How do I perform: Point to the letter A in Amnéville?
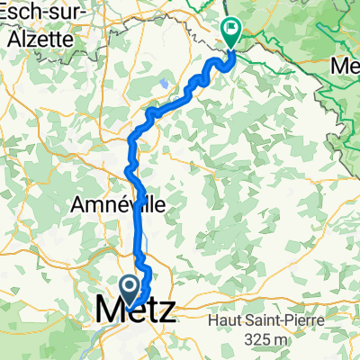(76, 205)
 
